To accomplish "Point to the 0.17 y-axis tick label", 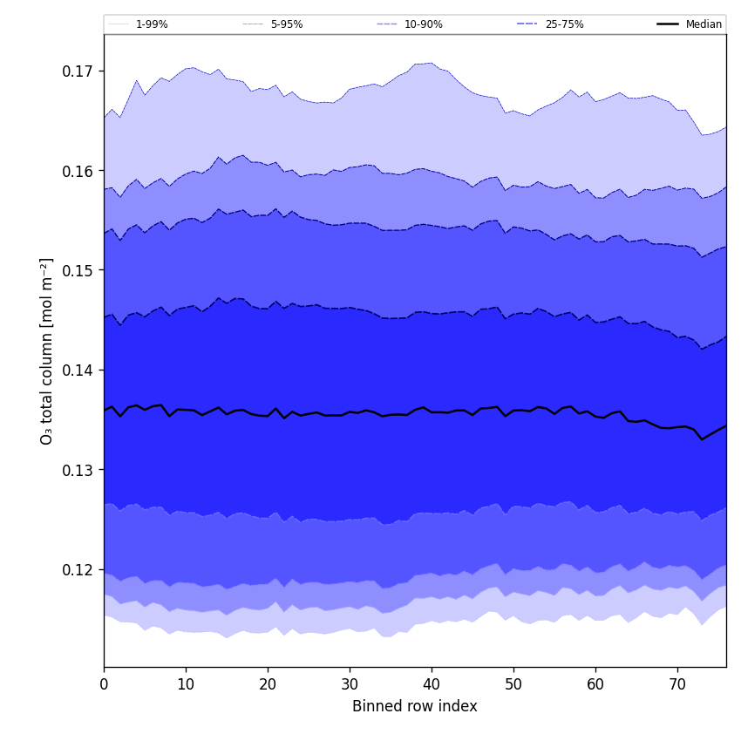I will (x=78, y=71).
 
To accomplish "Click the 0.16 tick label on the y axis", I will (x=78, y=171).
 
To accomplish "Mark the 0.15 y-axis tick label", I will (x=78, y=270).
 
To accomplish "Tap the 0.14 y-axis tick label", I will (x=78, y=370).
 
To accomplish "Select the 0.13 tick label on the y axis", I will (x=78, y=470).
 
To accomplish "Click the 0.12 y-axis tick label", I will (x=78, y=570).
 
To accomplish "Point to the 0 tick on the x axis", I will (x=104, y=685).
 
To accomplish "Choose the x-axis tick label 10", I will (x=186, y=685).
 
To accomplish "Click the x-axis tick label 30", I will (x=350, y=685).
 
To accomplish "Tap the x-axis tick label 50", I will (x=513, y=685).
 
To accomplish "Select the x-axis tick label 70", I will (x=677, y=685).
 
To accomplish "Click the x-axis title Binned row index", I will (x=414, y=706).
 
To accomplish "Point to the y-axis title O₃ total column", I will (x=46, y=350).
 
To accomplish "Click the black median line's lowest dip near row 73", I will (x=702, y=439).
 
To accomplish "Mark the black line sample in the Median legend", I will (x=669, y=24).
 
